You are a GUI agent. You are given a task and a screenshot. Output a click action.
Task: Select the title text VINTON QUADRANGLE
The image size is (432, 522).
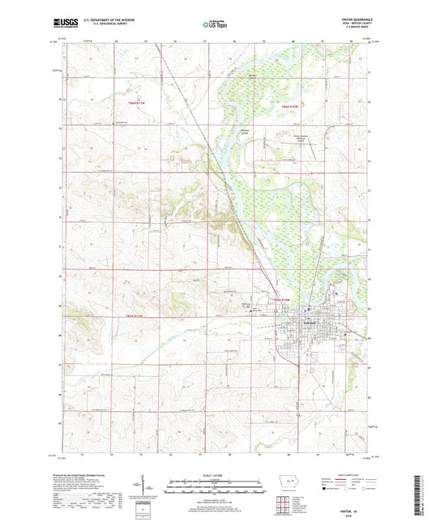point(347,23)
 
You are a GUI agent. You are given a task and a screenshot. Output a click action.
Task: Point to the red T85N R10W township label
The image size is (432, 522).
point(280,299)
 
